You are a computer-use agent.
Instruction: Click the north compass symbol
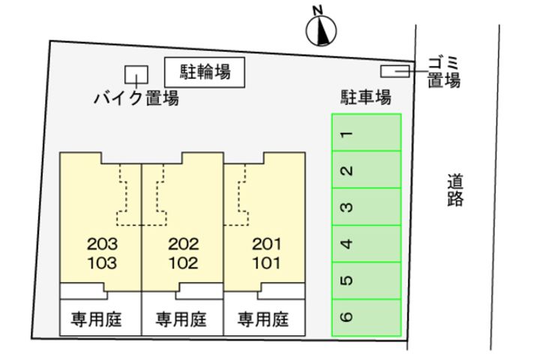click(321, 28)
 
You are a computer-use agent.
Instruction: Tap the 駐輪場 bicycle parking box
click(205, 72)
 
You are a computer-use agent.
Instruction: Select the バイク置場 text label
click(136, 98)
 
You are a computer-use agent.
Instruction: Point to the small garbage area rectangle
click(394, 71)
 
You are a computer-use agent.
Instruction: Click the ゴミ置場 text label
click(443, 71)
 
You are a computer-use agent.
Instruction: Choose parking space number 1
click(367, 133)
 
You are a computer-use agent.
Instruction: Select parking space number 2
click(367, 169)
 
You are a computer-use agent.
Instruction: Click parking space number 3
click(367, 206)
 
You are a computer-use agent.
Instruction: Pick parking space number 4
click(367, 243)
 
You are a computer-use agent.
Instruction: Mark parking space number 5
click(367, 280)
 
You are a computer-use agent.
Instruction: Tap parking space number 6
click(367, 316)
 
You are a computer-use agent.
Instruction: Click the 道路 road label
click(454, 190)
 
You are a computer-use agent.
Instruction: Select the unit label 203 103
click(102, 253)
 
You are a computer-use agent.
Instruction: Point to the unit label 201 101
click(265, 253)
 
